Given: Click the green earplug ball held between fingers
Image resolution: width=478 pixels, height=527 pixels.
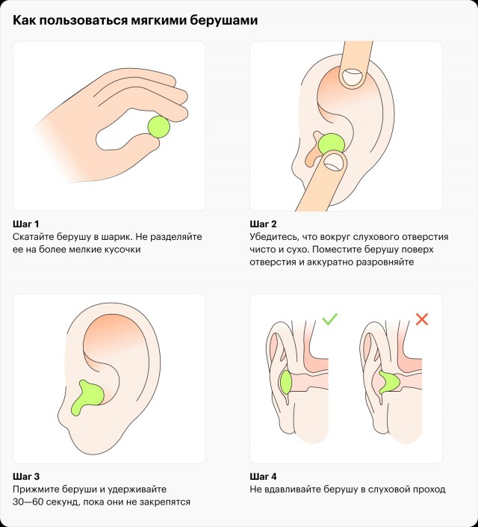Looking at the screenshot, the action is (159, 127).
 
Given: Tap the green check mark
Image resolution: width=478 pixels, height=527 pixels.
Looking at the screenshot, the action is (329, 319).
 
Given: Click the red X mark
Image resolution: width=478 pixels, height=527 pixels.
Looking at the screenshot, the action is (422, 319).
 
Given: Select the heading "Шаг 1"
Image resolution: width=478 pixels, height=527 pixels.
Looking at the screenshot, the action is (26, 224).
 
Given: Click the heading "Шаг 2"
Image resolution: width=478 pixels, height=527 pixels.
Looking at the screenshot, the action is (263, 224).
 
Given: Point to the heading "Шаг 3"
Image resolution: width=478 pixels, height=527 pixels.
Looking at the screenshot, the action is (26, 476).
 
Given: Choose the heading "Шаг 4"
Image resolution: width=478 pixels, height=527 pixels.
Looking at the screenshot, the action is (264, 476).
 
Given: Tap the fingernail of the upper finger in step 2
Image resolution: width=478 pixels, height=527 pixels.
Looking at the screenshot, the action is (353, 76).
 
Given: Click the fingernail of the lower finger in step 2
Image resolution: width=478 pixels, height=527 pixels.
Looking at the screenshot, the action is (335, 162).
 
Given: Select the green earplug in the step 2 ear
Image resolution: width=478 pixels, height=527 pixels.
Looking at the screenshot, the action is (331, 144).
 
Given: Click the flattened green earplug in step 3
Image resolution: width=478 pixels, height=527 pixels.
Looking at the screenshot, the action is (87, 398).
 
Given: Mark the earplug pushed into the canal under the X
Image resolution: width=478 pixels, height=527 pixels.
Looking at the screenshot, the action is (389, 382).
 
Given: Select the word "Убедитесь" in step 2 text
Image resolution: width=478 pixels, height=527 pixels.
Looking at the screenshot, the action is (274, 237).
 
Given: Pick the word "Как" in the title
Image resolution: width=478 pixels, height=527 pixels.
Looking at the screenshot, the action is (24, 20).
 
